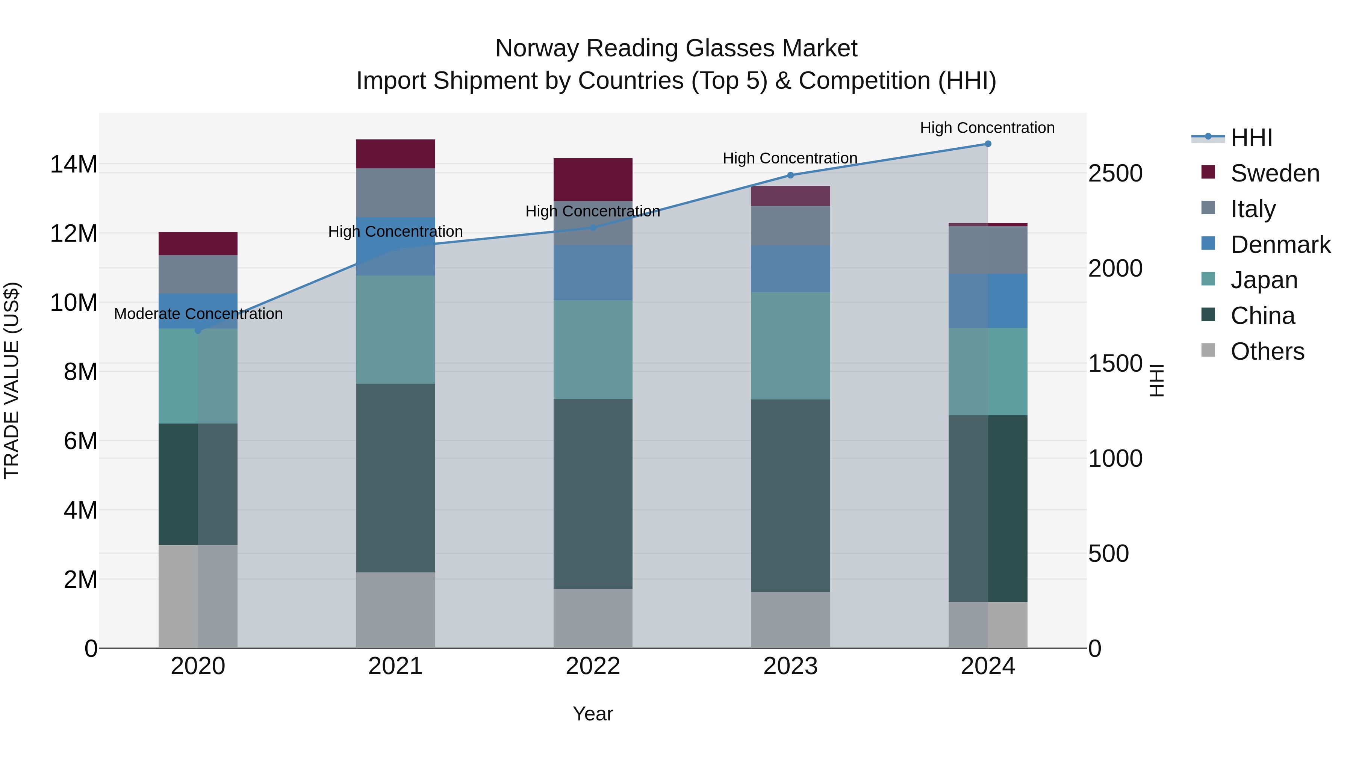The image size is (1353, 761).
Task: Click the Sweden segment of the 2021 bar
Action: (x=395, y=153)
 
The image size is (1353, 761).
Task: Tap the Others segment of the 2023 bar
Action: (x=790, y=620)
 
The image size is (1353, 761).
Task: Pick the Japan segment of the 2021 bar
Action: (x=395, y=329)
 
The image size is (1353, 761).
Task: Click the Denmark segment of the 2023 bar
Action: (x=790, y=268)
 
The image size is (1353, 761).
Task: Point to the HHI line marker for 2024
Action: (x=987, y=144)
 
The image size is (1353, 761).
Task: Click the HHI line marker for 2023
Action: (x=790, y=175)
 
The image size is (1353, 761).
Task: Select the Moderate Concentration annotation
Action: (x=198, y=313)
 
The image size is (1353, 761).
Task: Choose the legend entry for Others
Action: (x=1267, y=351)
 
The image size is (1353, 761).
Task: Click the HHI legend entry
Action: (x=1251, y=138)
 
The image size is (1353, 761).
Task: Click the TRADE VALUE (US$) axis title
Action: (x=12, y=380)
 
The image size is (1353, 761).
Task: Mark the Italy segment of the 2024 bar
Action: (x=987, y=250)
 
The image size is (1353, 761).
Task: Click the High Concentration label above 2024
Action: (x=987, y=128)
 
